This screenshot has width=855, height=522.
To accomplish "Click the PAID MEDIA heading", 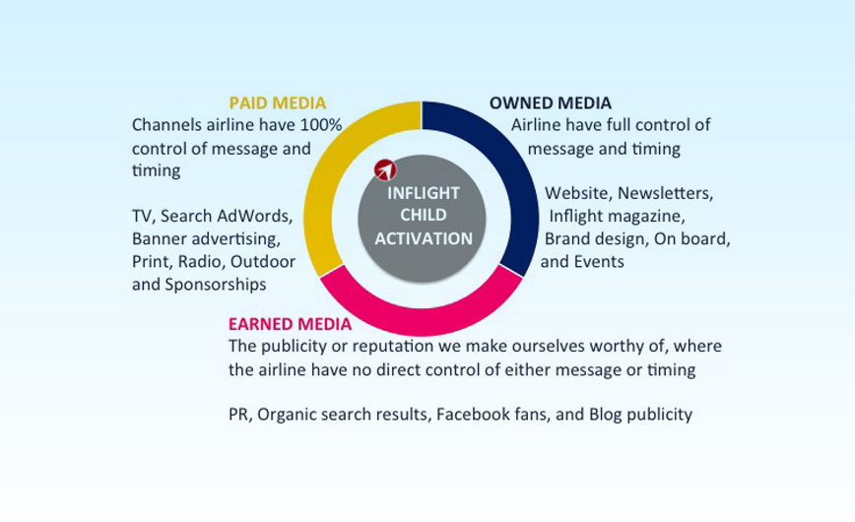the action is pos(278,103).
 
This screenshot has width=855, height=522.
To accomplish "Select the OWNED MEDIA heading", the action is pos(551,103).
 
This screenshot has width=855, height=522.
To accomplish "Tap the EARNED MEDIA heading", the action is pos(290,324).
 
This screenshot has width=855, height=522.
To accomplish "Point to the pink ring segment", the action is pos(421,321).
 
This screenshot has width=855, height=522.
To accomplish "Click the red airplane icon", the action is pos(385,170).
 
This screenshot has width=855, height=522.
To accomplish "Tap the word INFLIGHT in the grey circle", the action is pos(424,193).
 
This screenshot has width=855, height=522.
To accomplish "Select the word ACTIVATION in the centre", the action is pos(424,239).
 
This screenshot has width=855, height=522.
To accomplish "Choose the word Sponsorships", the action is pos(216,285).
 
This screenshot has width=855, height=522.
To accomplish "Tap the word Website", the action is pos(578,193).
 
